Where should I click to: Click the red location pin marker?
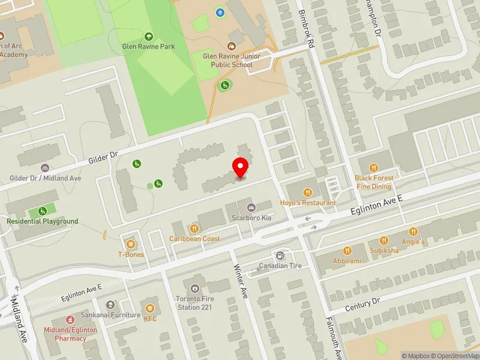(241, 167)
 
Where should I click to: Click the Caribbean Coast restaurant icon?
(194, 228)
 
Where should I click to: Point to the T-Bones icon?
(131, 243)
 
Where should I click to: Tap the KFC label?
(150, 319)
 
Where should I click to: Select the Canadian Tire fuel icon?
(279, 255)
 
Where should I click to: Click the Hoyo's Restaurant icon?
(308, 193)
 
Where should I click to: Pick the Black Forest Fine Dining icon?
(374, 168)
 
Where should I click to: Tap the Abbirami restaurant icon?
(347, 251)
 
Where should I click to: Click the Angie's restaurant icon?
(413, 232)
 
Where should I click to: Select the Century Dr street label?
(362, 304)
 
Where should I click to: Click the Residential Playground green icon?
(43, 211)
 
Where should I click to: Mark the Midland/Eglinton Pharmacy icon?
(70, 319)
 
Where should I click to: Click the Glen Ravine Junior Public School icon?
(232, 46)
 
